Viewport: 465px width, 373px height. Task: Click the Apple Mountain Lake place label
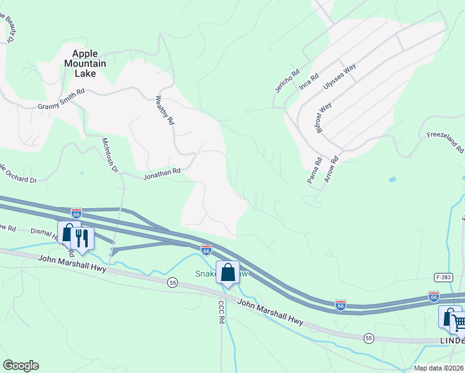pos(85,63)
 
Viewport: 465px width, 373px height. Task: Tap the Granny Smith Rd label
pos(60,99)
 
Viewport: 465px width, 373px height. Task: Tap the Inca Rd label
pos(309,81)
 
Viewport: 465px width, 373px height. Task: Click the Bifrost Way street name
pos(324,116)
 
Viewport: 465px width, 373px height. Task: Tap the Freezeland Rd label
pos(445,142)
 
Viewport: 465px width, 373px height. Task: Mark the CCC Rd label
pos(221,313)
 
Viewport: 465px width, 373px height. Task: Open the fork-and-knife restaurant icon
pos(81,237)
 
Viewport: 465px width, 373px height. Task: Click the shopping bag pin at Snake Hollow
pos(228,272)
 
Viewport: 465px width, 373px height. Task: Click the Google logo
pos(21,366)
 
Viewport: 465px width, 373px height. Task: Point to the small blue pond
pos(392,180)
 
